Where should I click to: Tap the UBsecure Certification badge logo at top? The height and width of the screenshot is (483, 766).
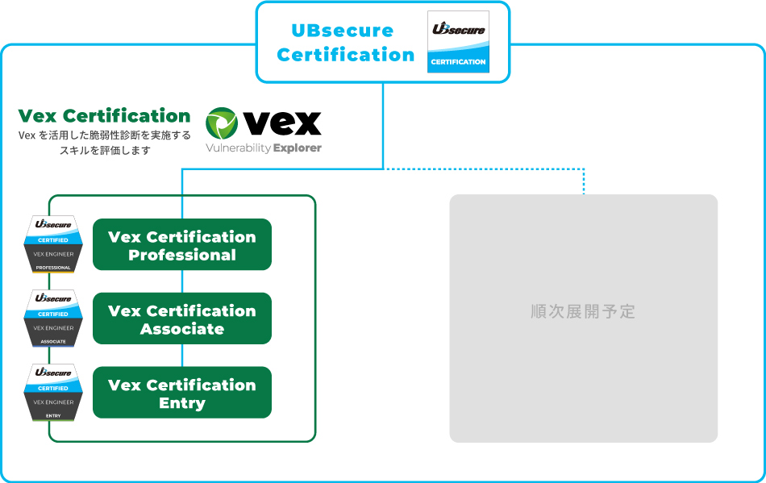458,42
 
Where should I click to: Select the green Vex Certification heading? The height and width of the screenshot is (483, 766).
104,115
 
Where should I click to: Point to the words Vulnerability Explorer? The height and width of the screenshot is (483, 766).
264,148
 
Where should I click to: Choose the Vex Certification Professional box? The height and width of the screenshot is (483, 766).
182,244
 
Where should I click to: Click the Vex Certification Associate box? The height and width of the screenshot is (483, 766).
182,319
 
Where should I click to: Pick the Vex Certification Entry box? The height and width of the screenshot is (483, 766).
182,393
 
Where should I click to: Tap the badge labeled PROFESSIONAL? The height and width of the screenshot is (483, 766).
53,244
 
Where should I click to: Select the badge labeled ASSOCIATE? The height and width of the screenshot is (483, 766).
53,319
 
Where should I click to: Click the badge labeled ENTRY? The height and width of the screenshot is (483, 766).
53,393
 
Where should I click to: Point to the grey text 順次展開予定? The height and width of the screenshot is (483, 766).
583,311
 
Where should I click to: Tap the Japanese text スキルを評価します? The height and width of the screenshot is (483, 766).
105,150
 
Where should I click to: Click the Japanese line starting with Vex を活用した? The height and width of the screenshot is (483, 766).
105,135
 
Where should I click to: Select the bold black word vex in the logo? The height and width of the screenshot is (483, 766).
282,123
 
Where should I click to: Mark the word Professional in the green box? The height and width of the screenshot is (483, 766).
182,255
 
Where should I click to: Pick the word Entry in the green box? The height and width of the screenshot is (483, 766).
182,403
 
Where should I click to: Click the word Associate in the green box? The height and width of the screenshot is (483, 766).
182,329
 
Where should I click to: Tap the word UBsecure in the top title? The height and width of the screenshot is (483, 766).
342,31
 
